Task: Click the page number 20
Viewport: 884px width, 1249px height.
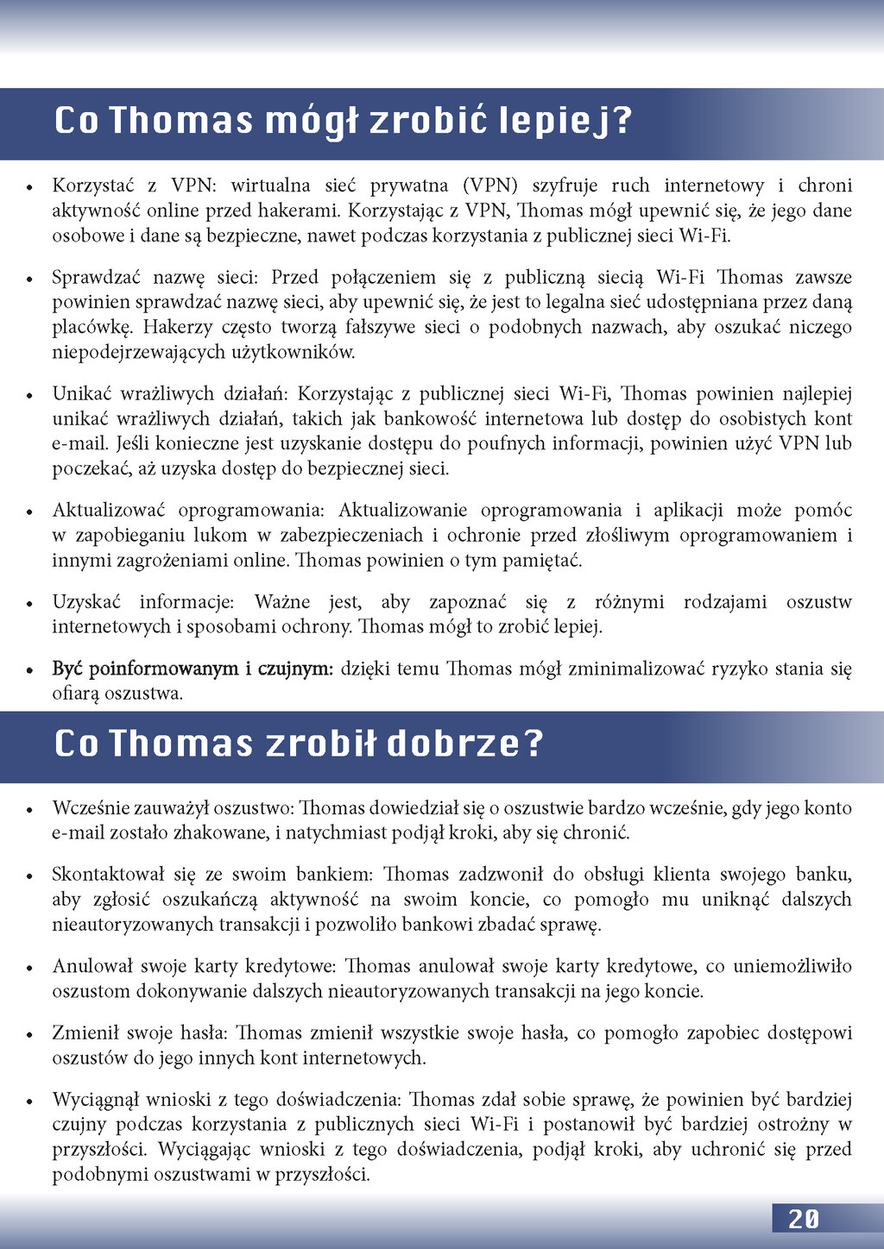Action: (x=804, y=1218)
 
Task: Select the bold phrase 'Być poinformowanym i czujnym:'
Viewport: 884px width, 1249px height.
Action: (x=193, y=668)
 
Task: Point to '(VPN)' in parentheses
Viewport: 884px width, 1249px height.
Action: (x=489, y=185)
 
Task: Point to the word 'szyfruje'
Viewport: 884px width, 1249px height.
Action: (x=562, y=185)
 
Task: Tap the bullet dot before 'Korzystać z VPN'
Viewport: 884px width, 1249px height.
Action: (x=30, y=187)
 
